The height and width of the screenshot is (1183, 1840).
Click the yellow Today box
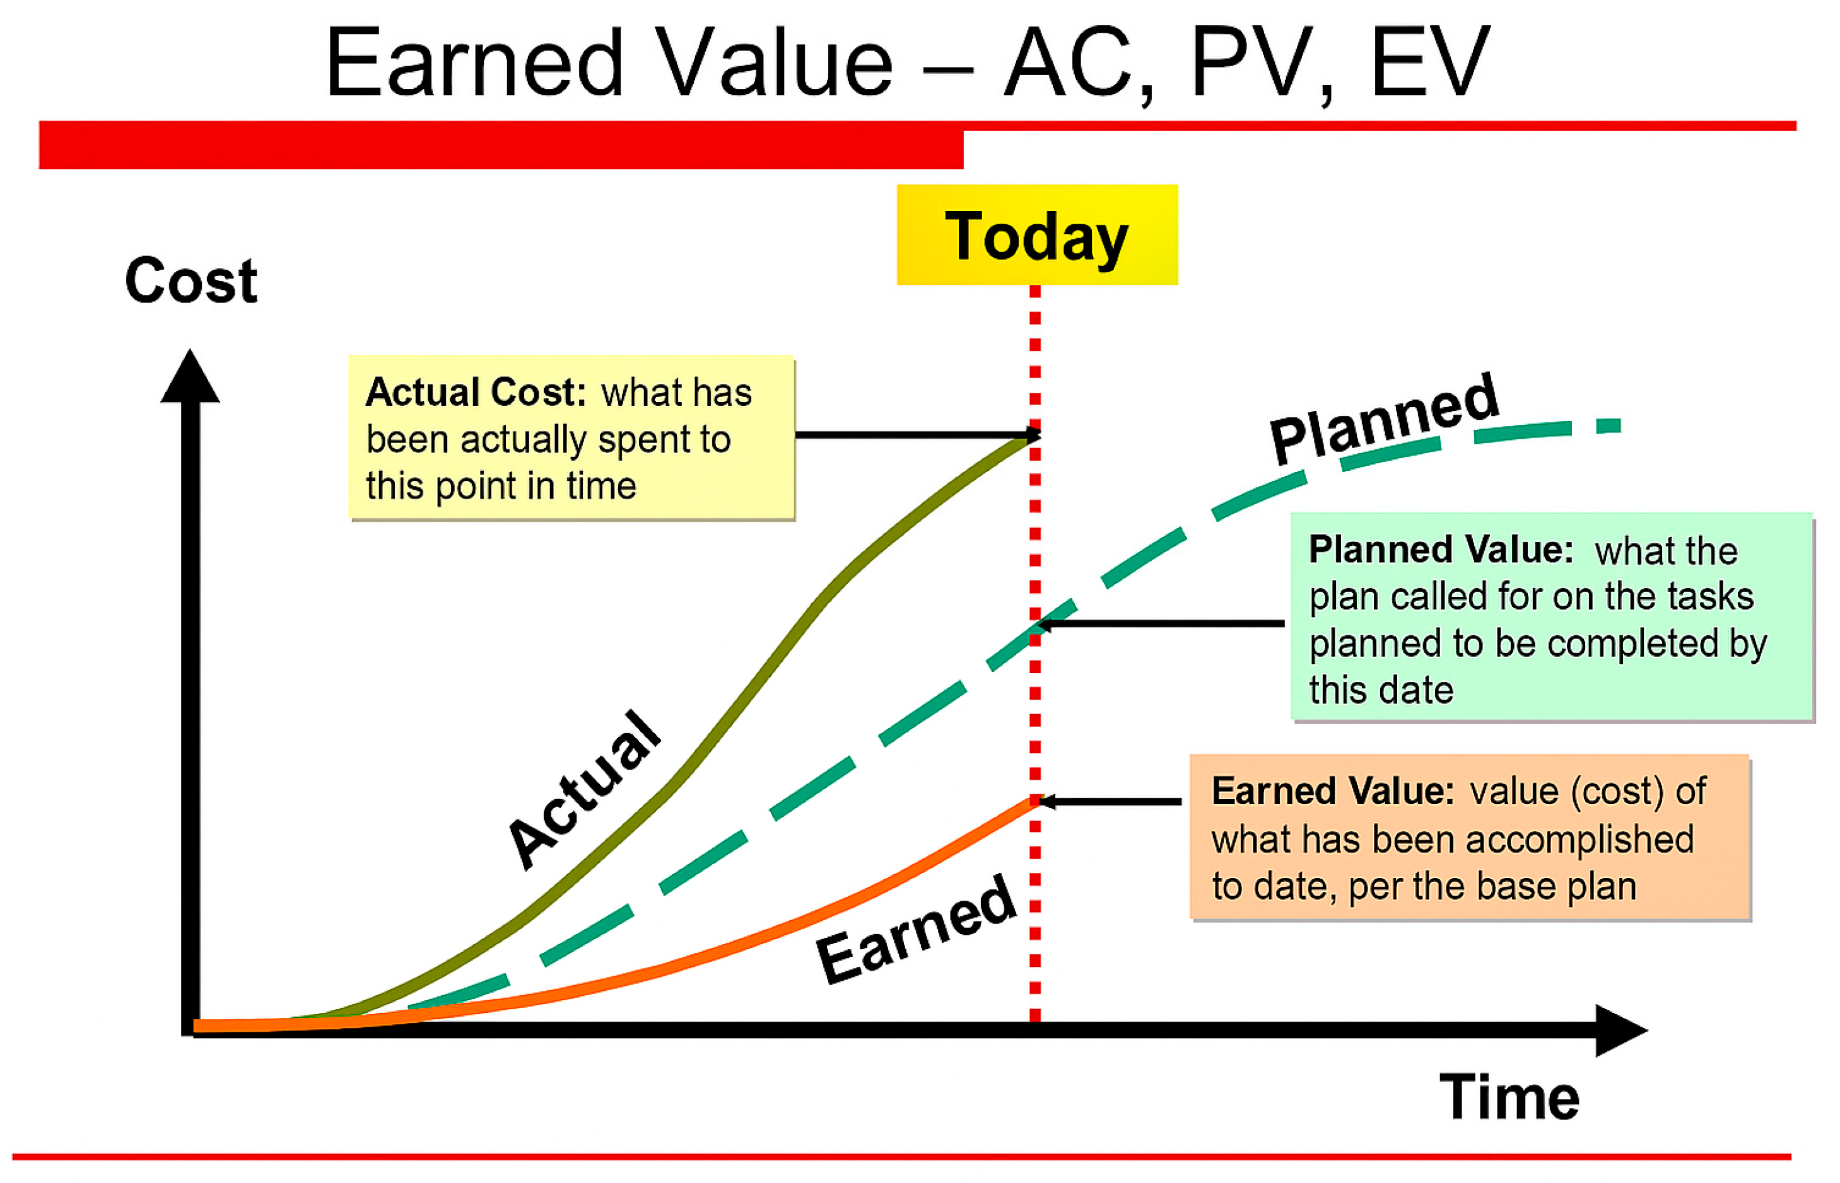click(1037, 234)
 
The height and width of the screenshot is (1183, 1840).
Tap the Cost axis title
click(190, 280)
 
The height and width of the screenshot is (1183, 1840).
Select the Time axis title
click(1509, 1097)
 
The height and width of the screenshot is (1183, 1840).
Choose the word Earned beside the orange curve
click(916, 929)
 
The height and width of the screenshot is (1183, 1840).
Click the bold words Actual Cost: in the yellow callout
click(476, 392)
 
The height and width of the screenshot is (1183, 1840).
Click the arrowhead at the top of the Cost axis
click(190, 376)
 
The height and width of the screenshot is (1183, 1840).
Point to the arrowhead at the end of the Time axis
click(1621, 1030)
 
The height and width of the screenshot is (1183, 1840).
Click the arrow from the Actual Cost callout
click(918, 435)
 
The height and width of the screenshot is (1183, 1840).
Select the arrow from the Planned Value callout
click(1161, 624)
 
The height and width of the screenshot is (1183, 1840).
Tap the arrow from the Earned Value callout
click(1110, 801)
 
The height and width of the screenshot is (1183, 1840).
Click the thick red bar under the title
click(501, 144)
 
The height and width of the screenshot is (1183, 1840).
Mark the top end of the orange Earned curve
click(1035, 800)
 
